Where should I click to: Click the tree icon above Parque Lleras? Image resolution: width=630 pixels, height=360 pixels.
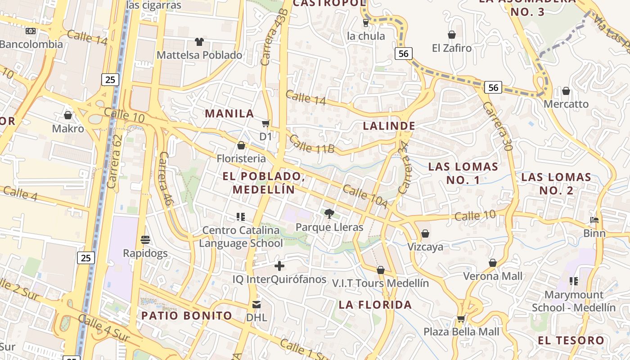tap(329, 213)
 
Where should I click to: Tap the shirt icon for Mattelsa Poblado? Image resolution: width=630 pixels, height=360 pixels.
tap(199, 42)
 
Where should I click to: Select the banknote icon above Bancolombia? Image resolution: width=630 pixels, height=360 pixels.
tap(31, 31)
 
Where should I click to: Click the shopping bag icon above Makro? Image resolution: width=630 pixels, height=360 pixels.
tap(68, 115)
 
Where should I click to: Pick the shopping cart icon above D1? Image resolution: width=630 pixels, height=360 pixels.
tap(266, 123)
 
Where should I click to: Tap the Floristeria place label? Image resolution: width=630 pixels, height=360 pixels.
tap(241, 158)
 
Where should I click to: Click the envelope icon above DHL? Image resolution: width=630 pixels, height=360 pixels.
tap(256, 305)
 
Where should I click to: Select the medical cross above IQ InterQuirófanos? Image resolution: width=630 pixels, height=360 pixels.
tap(279, 266)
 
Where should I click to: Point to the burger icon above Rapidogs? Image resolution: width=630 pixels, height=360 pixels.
tap(145, 240)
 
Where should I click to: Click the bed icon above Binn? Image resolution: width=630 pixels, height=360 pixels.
tap(594, 220)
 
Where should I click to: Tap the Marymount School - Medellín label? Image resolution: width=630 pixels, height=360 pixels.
tap(574, 301)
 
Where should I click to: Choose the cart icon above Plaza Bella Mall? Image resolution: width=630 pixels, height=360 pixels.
tap(461, 319)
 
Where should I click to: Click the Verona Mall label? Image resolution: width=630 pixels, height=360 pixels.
tap(493, 276)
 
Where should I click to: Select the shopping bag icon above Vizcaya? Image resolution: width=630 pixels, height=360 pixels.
tap(425, 234)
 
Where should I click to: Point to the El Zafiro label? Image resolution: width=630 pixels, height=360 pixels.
tap(452, 48)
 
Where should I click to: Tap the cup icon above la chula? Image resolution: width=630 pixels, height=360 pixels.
tap(366, 22)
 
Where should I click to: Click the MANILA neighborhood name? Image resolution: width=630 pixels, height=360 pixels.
tap(229, 113)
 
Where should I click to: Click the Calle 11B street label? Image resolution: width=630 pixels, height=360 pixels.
tap(312, 144)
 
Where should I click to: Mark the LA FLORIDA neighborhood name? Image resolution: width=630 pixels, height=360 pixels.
tap(375, 305)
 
